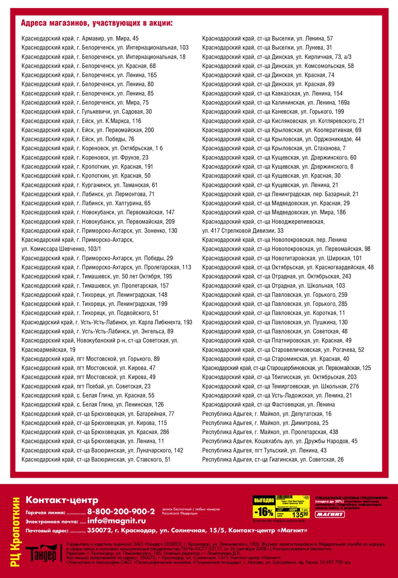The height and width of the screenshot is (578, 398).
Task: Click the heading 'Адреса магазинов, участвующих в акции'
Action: [x=97, y=23]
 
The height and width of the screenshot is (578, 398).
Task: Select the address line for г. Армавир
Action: [x=80, y=39]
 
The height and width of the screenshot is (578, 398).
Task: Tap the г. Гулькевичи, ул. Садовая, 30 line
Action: [x=86, y=112]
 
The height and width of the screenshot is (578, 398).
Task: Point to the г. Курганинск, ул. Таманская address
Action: [x=89, y=185]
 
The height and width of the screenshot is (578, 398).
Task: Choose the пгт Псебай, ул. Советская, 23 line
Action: [x=86, y=386]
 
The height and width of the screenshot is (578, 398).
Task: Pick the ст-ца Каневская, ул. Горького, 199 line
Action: [x=273, y=112]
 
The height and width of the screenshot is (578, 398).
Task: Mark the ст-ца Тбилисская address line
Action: [x=279, y=377]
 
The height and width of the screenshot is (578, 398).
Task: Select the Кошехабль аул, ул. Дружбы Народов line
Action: [x=280, y=441]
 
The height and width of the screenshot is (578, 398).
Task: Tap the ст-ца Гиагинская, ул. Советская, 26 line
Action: [x=273, y=460]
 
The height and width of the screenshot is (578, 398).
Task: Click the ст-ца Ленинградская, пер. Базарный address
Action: [x=280, y=194]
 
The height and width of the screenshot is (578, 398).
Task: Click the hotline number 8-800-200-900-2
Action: [x=121, y=511]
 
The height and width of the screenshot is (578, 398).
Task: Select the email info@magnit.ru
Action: [x=116, y=521]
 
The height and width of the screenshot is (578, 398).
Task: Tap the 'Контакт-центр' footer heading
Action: [x=62, y=500]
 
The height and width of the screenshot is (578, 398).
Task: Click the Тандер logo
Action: [x=41, y=554]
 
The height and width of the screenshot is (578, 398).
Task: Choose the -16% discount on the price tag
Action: [x=264, y=511]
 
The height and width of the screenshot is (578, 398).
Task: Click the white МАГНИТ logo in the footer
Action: [x=330, y=514]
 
